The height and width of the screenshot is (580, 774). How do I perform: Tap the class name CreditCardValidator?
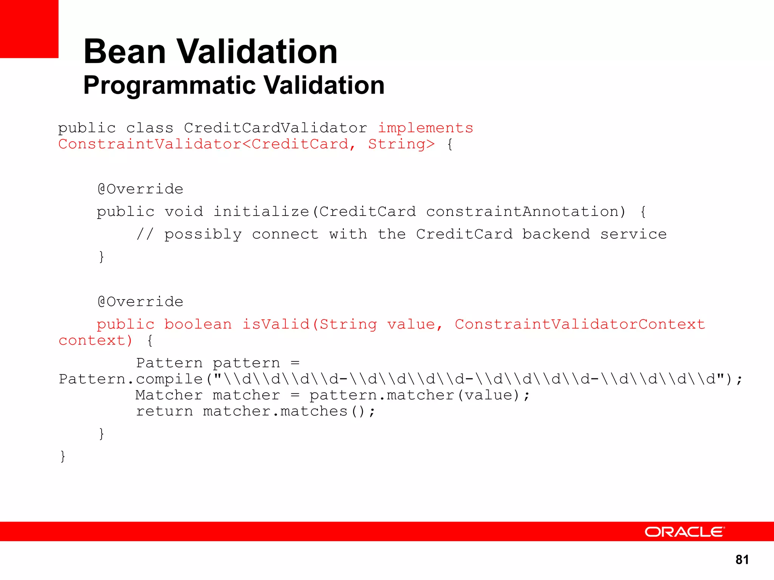[276, 128]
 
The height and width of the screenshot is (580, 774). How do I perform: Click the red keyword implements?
[426, 128]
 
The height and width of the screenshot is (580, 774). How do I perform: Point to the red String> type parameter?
[401, 144]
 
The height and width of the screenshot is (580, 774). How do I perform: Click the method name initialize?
[261, 212]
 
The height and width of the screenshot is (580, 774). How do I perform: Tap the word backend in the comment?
[556, 234]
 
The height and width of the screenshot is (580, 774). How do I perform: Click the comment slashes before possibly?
[145, 234]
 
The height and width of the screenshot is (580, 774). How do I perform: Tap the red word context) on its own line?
[95, 341]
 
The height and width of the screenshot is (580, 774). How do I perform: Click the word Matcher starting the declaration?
[169, 395]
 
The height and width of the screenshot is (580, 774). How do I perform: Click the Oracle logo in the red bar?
[684, 532]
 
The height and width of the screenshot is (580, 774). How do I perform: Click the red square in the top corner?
[29, 29]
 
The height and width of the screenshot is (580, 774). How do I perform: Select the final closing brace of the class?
[63, 456]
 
